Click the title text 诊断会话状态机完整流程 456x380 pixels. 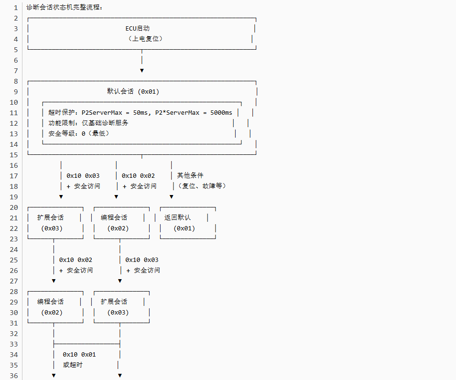point(64,8)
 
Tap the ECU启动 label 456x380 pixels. point(138,29)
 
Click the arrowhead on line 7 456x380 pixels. point(141,70)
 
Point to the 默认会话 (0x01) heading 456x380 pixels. point(133,91)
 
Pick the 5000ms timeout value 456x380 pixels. point(221,112)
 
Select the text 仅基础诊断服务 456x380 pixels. point(105,123)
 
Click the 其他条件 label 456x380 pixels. point(190,175)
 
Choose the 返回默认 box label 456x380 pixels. point(177,217)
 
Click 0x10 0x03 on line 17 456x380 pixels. point(83,175)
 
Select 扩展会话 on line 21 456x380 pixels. point(50,217)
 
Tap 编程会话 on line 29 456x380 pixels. point(50,302)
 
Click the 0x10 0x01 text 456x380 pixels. point(79,354)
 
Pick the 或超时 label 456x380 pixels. point(73,365)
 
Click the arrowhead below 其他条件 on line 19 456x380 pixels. point(171,196)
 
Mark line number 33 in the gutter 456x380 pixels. point(13,344)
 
